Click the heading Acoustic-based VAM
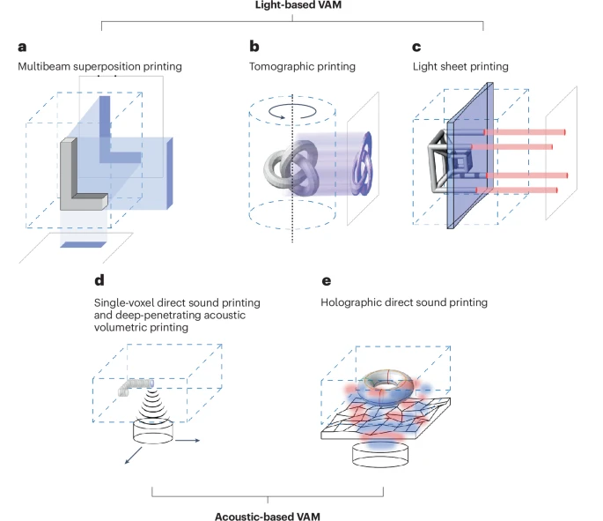(x=267, y=514)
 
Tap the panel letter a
(x=20, y=47)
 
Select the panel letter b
(x=254, y=46)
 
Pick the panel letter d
(x=98, y=284)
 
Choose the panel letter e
(x=327, y=284)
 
